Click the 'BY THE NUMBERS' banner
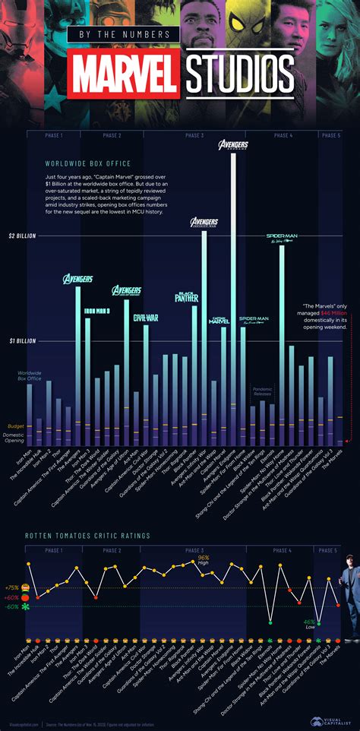click(x=124, y=35)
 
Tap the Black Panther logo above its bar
click(x=187, y=297)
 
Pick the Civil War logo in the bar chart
click(x=145, y=318)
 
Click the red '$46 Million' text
click(x=333, y=312)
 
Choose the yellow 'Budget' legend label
click(x=16, y=426)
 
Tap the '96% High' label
click(x=204, y=559)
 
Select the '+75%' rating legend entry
click(x=12, y=587)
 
